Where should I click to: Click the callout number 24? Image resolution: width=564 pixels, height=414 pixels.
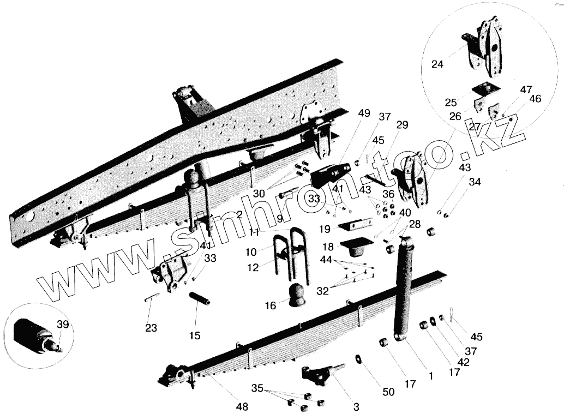(x=437, y=64)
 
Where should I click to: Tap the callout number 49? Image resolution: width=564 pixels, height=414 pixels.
(x=364, y=113)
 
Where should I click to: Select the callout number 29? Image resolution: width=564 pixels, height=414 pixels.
(x=402, y=125)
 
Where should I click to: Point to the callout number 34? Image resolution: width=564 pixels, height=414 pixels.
(x=475, y=182)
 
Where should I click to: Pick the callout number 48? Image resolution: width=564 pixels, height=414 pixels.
(x=242, y=406)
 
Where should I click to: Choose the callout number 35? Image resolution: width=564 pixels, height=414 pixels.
(x=258, y=389)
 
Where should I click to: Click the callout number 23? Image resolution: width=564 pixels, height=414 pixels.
(x=151, y=328)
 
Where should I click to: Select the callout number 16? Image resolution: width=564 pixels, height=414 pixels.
(x=271, y=306)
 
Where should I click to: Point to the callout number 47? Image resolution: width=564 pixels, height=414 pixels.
(x=526, y=89)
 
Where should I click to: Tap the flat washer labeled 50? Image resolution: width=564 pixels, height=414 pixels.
(x=359, y=358)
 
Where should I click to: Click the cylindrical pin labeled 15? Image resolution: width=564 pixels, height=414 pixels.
(x=200, y=299)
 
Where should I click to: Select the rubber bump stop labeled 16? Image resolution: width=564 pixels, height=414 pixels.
(x=298, y=295)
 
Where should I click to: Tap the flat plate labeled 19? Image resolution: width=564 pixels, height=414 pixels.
(x=355, y=224)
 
